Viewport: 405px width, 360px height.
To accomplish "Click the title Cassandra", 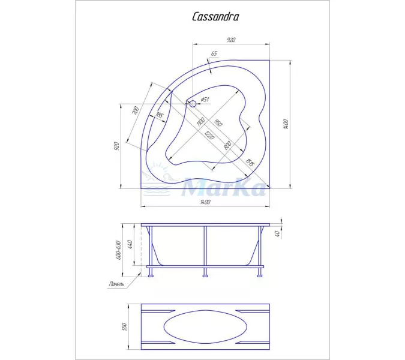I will pyautogui.click(x=215, y=17).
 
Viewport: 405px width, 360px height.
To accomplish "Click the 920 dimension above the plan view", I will pyautogui.click(x=231, y=40).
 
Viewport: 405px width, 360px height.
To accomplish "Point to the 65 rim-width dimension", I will pyautogui.click(x=214, y=53).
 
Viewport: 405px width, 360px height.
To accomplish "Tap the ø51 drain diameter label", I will pyautogui.click(x=205, y=99).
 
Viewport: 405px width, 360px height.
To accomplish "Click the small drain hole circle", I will pyautogui.click(x=193, y=103).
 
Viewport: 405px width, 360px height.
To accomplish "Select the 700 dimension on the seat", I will pyautogui.click(x=136, y=111).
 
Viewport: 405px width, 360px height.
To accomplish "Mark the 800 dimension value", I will pyautogui.click(x=228, y=145).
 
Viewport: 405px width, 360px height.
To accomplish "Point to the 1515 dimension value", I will pyautogui.click(x=250, y=161).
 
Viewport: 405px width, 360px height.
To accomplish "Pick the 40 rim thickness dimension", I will pyautogui.click(x=278, y=234).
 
